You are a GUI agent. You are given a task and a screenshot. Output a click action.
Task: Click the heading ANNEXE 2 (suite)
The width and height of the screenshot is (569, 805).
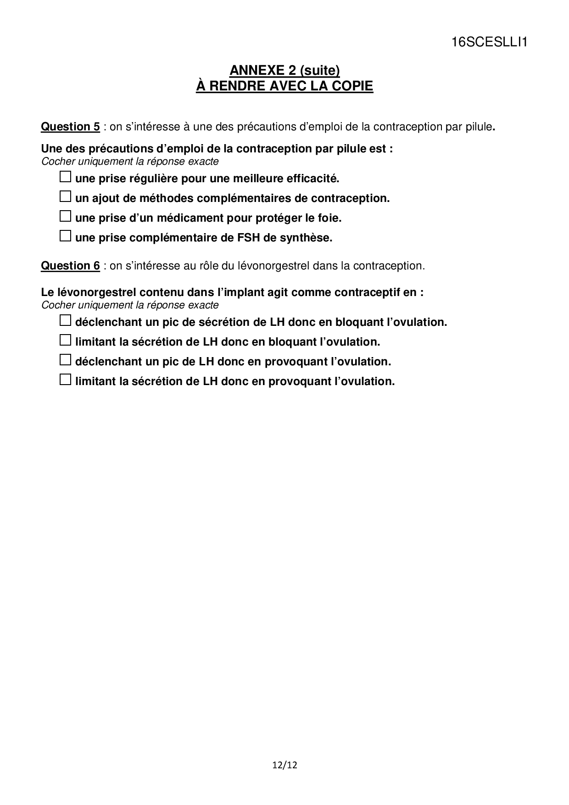click(x=284, y=70)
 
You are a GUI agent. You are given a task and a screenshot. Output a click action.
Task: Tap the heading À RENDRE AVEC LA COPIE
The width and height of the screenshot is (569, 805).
click(x=284, y=86)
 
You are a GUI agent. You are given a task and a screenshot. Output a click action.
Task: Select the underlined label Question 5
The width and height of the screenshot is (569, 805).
click(x=70, y=127)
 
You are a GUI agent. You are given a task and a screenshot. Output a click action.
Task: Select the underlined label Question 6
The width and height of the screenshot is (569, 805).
click(x=70, y=266)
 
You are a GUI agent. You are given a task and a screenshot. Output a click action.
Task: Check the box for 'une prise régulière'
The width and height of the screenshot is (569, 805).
click(x=66, y=177)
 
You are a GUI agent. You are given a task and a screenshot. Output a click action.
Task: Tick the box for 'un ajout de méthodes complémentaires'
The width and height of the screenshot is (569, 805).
click(x=66, y=197)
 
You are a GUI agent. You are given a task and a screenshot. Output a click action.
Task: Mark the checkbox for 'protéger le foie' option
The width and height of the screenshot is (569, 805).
click(x=66, y=216)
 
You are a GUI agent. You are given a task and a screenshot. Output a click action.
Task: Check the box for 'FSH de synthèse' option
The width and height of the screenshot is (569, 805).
click(x=66, y=236)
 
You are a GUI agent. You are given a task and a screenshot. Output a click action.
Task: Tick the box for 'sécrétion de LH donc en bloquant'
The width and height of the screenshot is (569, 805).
click(x=66, y=320)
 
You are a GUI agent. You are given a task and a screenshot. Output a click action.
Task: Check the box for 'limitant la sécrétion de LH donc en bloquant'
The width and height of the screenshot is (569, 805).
click(x=66, y=340)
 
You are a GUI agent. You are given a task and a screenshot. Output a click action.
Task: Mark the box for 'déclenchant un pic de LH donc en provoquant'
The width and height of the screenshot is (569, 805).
click(x=66, y=360)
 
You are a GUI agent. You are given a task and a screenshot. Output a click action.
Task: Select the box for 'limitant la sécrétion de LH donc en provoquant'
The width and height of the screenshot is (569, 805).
click(x=66, y=380)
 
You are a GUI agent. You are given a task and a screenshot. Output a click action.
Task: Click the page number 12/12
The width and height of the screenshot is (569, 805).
click(x=284, y=765)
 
